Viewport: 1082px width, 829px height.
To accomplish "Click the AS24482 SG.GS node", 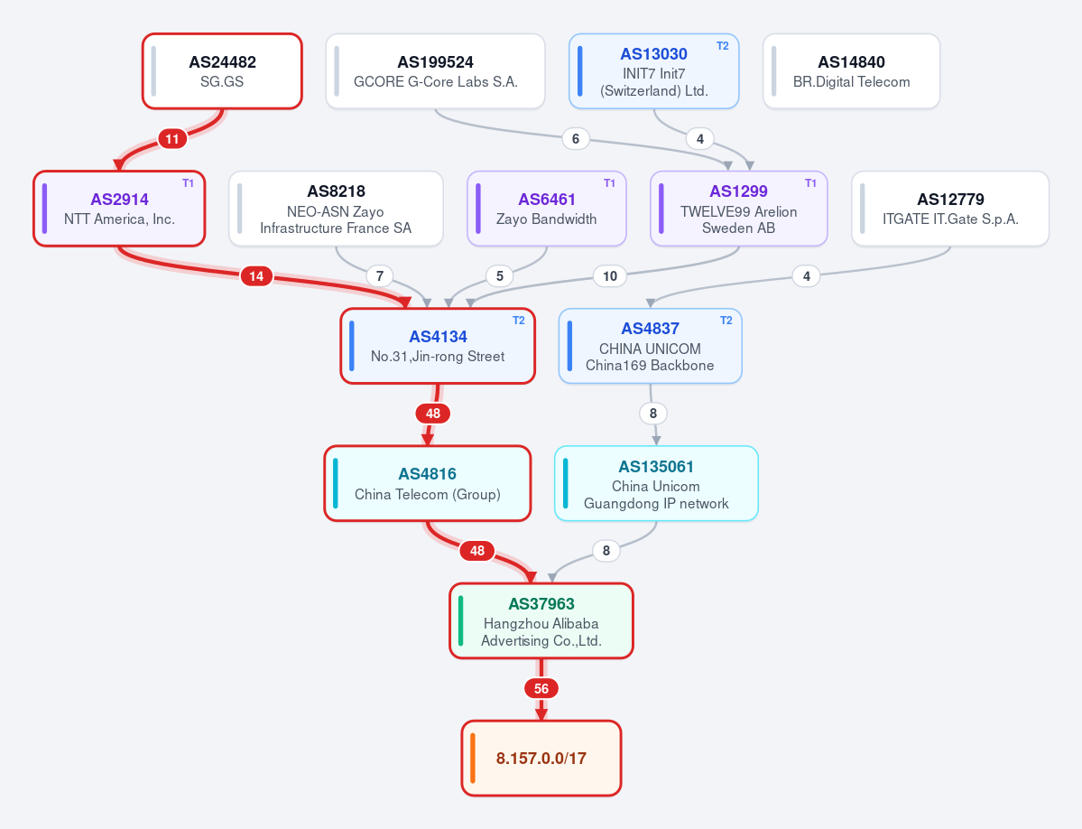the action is tap(222, 71).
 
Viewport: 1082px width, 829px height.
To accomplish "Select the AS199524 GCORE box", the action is tap(436, 71).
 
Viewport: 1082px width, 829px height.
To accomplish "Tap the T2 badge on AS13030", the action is tap(723, 45).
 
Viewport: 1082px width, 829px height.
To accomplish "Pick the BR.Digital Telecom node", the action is tap(852, 71).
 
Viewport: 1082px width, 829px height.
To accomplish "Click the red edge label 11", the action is tap(172, 139).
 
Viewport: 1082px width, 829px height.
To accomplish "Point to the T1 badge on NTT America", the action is tap(188, 183).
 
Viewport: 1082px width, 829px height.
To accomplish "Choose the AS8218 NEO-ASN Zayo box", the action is tap(336, 209).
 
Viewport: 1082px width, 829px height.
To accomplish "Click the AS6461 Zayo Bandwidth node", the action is tap(547, 209).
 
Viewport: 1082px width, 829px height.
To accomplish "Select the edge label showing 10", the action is tap(610, 276).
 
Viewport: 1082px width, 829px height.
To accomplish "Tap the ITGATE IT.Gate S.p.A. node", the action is tap(950, 209).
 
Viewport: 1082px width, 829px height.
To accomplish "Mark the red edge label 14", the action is tap(256, 276).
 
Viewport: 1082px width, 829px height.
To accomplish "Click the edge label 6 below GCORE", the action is tap(576, 139).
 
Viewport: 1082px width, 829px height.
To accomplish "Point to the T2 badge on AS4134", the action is tap(518, 321).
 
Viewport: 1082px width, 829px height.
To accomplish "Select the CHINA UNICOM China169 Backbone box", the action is tap(650, 346).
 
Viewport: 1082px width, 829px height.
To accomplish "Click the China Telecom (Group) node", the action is tap(428, 483).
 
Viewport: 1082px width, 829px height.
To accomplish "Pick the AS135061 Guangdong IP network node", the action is tap(656, 483).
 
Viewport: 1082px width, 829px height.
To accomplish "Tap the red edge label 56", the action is tap(541, 688).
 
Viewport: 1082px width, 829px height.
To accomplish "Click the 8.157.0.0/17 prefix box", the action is tap(541, 758).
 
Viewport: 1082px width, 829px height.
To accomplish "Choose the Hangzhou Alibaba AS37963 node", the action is tap(541, 620).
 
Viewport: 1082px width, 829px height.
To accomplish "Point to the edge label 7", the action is tap(380, 276).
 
